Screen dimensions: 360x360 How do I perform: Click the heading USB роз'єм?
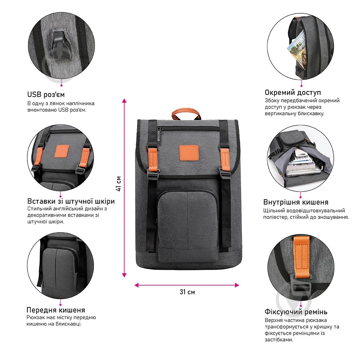[46, 95]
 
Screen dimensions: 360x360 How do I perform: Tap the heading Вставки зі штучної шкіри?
[71, 201]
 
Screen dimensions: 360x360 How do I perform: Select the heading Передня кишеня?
[56, 310]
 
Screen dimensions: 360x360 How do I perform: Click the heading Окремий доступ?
[293, 93]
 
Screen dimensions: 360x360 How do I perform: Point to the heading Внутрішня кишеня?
[296, 202]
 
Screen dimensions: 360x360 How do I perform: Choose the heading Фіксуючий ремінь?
[296, 312]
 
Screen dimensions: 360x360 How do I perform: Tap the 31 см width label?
[187, 292]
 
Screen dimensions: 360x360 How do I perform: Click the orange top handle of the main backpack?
[186, 112]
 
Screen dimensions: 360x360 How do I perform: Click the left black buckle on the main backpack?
[153, 175]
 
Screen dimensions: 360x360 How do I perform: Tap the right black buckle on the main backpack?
[225, 175]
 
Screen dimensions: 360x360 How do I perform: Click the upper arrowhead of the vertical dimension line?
[125, 100]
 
